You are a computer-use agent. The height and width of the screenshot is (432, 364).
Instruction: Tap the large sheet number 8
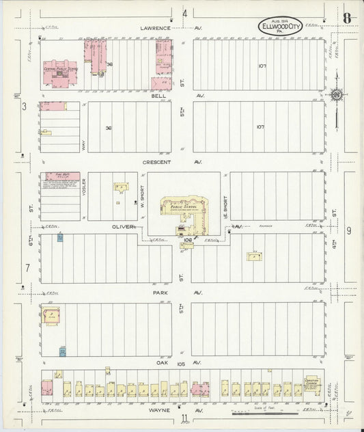click(x=348, y=18)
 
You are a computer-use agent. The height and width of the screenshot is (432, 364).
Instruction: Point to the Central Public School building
click(x=59, y=72)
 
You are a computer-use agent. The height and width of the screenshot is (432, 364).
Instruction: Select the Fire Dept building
click(x=62, y=180)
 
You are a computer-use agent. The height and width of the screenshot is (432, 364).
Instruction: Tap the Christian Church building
click(x=312, y=386)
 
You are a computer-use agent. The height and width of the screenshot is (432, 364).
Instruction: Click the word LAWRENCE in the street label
click(x=155, y=28)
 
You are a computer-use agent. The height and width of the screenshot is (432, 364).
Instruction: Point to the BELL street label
click(x=158, y=96)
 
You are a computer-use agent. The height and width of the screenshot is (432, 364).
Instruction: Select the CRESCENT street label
click(x=156, y=162)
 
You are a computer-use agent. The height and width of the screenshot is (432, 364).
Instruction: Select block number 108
click(x=186, y=240)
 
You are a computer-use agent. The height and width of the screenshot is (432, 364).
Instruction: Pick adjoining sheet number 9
click(x=348, y=230)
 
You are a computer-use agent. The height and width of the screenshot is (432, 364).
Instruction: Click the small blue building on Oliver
click(x=60, y=237)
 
